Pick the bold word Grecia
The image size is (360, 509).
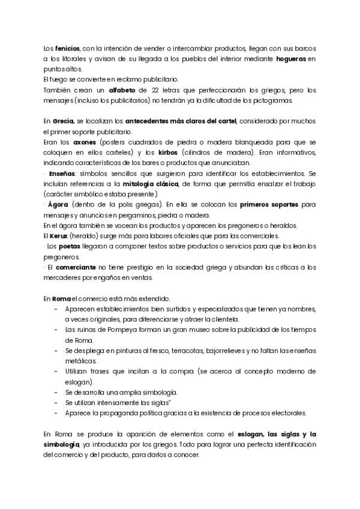click(x=64, y=121)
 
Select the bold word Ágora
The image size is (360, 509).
click(x=59, y=205)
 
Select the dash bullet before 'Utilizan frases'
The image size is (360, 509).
click(x=56, y=372)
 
